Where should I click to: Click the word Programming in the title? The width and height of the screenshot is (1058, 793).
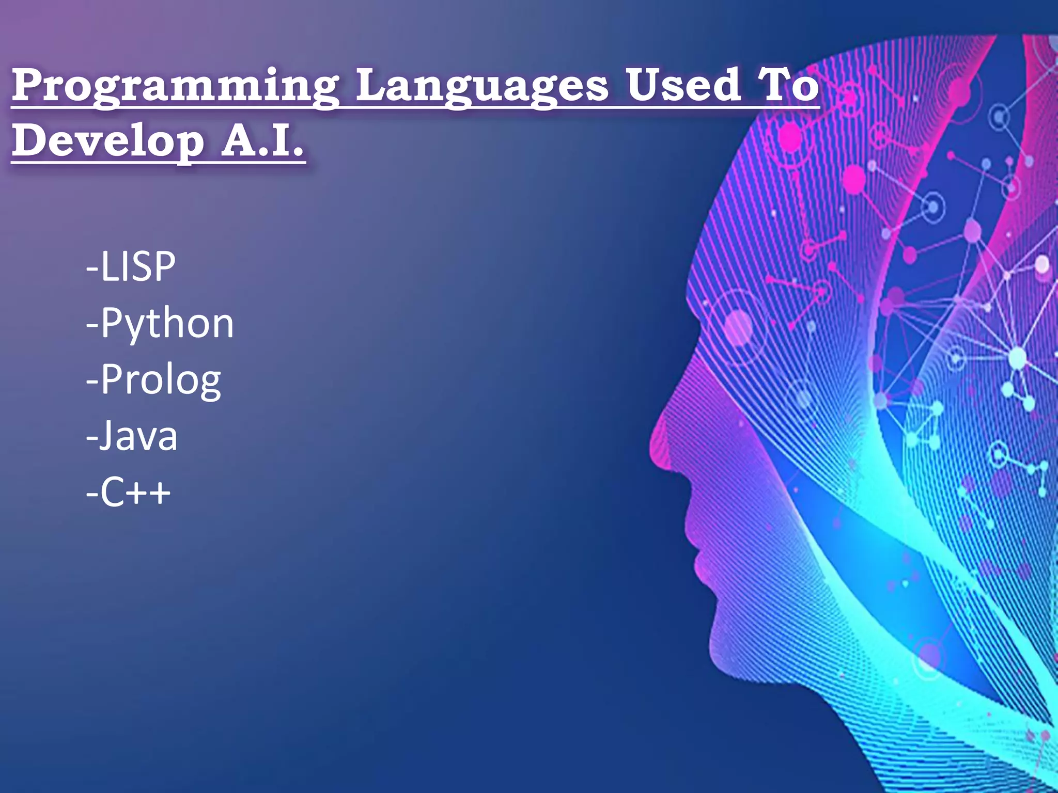(176, 86)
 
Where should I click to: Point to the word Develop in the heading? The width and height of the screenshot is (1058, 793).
(108, 141)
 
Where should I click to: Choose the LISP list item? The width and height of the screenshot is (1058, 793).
(131, 267)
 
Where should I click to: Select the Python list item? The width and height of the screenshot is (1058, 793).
(160, 324)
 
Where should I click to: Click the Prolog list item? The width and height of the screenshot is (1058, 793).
(154, 380)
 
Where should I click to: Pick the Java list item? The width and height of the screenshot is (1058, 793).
(132, 437)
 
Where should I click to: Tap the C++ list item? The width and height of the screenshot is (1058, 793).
(129, 493)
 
